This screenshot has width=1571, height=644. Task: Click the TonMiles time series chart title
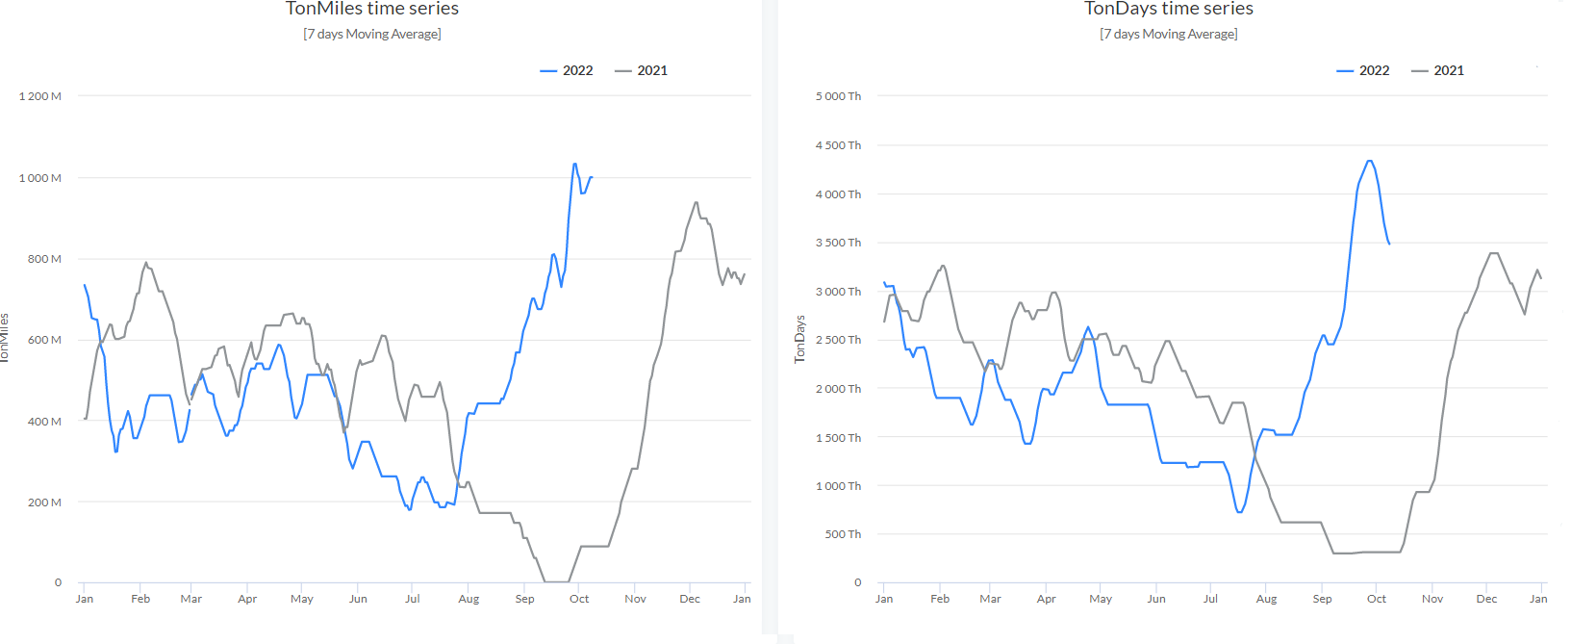tap(372, 9)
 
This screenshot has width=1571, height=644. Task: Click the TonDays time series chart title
tap(1168, 9)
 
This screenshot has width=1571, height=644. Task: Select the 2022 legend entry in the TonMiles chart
tap(568, 70)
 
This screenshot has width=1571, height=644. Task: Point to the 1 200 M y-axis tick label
tap(40, 96)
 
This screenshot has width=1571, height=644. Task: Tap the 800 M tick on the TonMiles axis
tap(44, 259)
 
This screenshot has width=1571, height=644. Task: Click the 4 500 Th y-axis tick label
tap(838, 145)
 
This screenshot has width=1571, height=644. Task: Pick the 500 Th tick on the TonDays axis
tap(843, 534)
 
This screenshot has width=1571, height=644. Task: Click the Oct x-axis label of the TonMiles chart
tap(579, 599)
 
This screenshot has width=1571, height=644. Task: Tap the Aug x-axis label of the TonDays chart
tap(1266, 599)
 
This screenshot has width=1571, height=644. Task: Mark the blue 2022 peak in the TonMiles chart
tap(575, 164)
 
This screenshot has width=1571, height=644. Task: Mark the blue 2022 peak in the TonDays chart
tap(1369, 161)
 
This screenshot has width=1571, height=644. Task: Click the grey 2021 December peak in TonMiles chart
tap(696, 203)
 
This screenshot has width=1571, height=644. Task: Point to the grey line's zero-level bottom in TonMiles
tap(556, 581)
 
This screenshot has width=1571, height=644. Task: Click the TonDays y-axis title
tap(799, 339)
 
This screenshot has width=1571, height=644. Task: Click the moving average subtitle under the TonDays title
tap(1168, 34)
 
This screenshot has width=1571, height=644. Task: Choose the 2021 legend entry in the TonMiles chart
tap(642, 70)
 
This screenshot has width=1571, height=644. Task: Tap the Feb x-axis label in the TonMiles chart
tap(140, 599)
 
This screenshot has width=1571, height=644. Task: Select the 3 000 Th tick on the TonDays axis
tap(838, 292)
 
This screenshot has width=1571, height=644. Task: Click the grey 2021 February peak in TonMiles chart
tap(146, 263)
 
